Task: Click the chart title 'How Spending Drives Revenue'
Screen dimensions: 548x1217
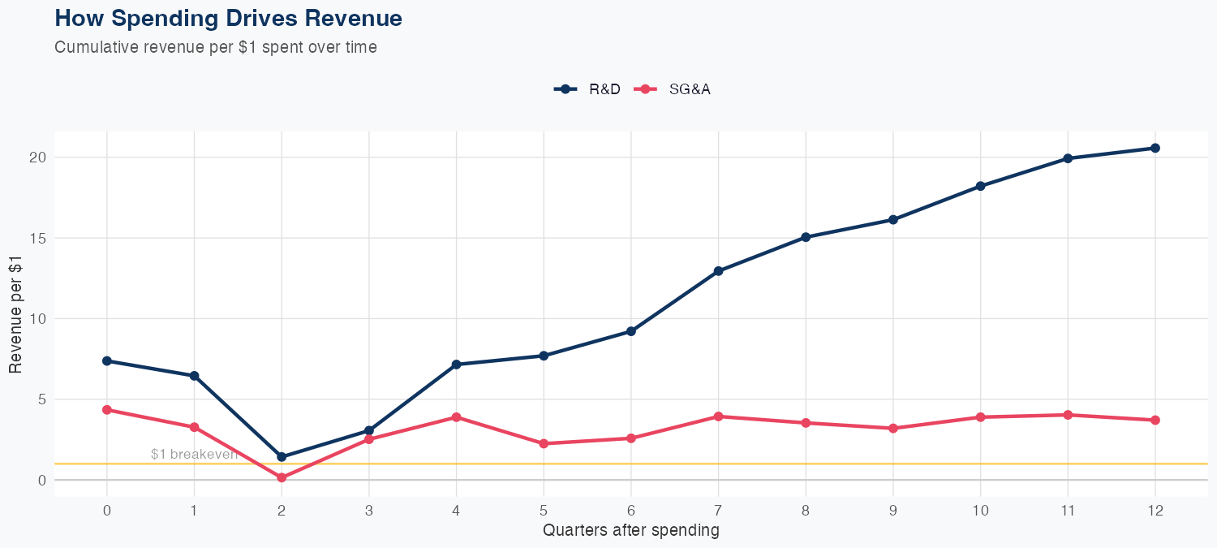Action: pyautogui.click(x=228, y=18)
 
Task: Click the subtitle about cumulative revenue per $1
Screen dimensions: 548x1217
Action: pyautogui.click(x=215, y=47)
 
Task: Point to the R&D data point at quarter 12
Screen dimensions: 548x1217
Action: pyautogui.click(x=1155, y=148)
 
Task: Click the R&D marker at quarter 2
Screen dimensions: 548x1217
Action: pyautogui.click(x=282, y=457)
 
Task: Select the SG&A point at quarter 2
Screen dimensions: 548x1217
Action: pyautogui.click(x=282, y=477)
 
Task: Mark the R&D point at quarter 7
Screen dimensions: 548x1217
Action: pyautogui.click(x=718, y=271)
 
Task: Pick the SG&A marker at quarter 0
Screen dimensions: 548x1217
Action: pyautogui.click(x=107, y=410)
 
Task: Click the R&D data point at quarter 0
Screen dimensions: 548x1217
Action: pyautogui.click(x=107, y=360)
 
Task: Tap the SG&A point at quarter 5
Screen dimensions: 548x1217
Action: pyautogui.click(x=544, y=443)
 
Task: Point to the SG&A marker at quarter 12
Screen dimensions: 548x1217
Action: pyautogui.click(x=1155, y=420)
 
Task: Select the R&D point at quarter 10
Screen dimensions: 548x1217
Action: pyautogui.click(x=980, y=186)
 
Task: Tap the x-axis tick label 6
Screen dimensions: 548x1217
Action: pyautogui.click(x=631, y=511)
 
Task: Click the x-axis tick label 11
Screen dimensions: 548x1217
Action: pyautogui.click(x=1068, y=511)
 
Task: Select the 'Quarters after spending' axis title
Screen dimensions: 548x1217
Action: pyautogui.click(x=630, y=531)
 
